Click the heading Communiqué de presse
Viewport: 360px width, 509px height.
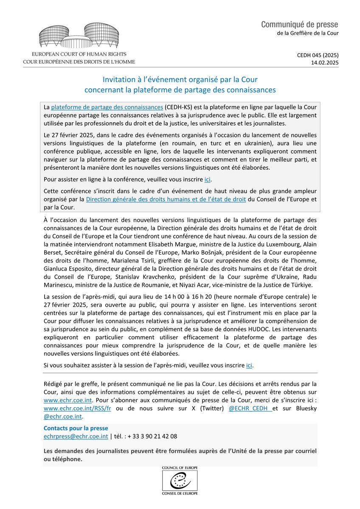[x=300, y=25]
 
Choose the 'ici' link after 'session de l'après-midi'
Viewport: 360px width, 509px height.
[x=250, y=365]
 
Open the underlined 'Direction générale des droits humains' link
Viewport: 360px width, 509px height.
[x=166, y=199]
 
